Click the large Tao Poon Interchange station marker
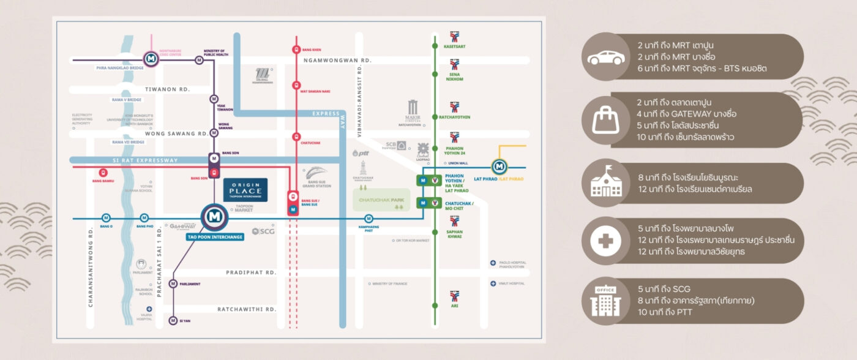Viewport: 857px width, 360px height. [x=214, y=217]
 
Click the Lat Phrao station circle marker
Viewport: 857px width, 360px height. [x=500, y=167]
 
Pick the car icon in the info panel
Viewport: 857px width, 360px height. [x=606, y=58]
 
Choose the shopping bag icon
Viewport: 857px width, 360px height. [x=606, y=120]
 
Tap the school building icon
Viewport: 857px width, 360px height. [x=606, y=183]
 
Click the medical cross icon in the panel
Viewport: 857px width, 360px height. [x=606, y=241]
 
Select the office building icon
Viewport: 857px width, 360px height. [x=606, y=301]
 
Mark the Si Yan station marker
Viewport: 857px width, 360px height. [x=173, y=321]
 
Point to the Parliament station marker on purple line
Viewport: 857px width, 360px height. [x=173, y=283]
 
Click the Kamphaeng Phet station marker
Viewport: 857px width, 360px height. [x=369, y=219]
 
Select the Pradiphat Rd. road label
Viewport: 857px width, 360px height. [x=251, y=272]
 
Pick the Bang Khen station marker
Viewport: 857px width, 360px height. [x=296, y=50]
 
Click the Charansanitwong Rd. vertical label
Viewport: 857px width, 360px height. [x=91, y=275]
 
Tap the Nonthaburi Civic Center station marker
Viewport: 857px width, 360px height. [x=151, y=59]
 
